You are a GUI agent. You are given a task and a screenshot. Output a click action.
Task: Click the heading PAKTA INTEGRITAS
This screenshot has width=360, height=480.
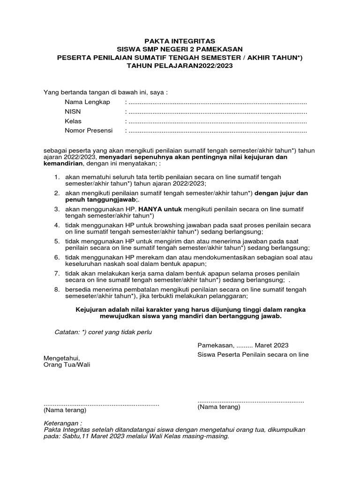180,42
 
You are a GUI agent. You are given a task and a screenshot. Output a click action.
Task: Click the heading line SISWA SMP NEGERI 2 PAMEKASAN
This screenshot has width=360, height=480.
180,50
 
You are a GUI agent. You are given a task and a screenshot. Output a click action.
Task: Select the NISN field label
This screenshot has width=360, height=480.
73,112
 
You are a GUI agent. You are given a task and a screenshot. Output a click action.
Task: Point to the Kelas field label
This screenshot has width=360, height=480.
73,121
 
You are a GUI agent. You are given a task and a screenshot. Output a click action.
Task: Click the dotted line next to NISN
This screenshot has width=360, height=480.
217,112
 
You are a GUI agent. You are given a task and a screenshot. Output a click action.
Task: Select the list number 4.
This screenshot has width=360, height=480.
56,225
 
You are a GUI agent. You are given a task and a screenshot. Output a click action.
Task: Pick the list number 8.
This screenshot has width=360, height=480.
56,290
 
